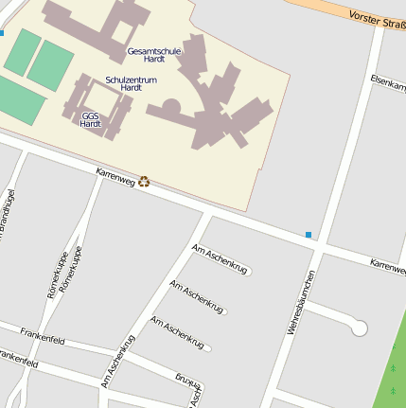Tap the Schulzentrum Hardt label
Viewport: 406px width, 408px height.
tap(131, 83)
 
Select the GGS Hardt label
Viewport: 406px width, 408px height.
tap(91, 119)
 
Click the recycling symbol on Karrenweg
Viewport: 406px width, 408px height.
tap(144, 181)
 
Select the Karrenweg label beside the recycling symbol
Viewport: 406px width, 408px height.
tap(115, 176)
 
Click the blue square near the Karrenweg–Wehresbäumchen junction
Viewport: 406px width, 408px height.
tap(309, 234)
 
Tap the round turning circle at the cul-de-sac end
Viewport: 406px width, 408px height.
tap(359, 328)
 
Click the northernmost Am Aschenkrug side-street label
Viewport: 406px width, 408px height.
tap(220, 258)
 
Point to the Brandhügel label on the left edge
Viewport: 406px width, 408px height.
tap(8, 213)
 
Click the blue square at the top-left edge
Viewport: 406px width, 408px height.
tap(2, 33)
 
